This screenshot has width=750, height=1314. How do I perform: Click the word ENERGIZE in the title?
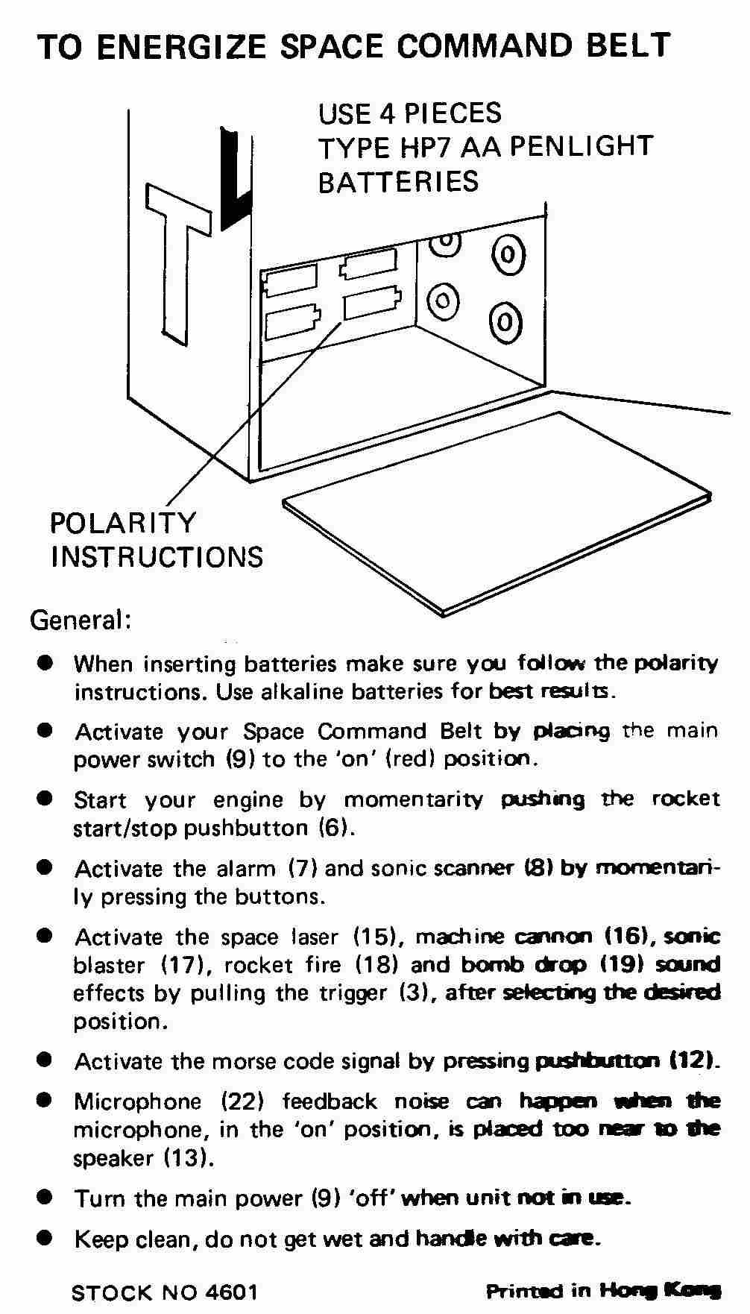tap(181, 47)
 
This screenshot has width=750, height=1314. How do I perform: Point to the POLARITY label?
tap(123, 523)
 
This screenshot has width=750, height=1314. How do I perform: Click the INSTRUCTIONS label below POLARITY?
tap(157, 557)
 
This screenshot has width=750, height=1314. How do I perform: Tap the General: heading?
tap(81, 620)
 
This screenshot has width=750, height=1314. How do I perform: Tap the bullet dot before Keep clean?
tap(46, 1239)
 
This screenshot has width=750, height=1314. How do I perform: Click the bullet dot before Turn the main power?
tap(46, 1198)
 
